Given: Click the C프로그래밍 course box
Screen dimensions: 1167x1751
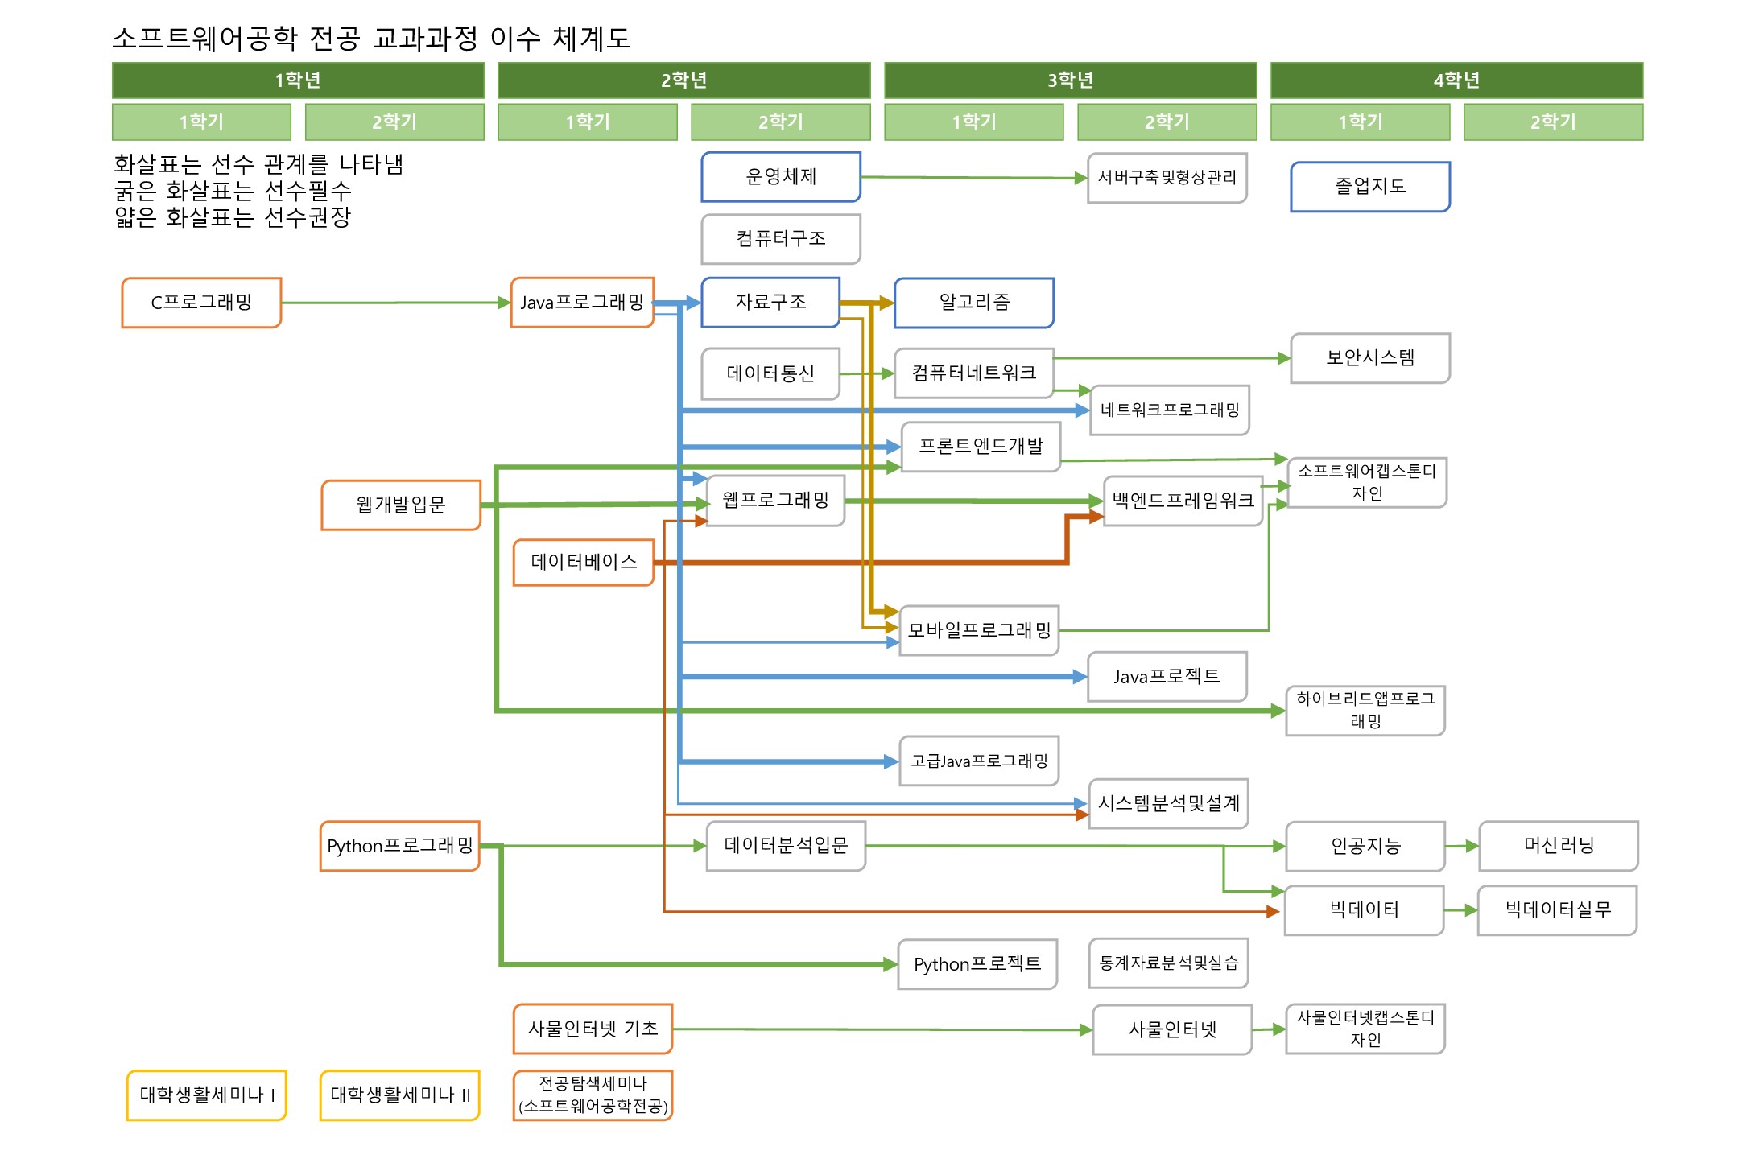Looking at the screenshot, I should point(201,303).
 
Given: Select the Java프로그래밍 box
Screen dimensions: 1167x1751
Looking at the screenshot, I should point(581,303).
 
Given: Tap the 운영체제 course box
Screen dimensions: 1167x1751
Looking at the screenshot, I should point(780,177).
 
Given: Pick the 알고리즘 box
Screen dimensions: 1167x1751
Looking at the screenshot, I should point(973,303).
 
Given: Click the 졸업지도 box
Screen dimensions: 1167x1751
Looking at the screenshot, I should point(1369,187).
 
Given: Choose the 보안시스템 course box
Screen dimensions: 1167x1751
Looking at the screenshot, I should point(1369,358).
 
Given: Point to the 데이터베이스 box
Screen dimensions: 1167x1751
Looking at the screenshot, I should point(583,562).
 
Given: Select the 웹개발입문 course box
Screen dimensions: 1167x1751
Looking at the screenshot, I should point(400,505).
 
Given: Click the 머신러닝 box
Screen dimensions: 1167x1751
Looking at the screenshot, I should point(1558,846).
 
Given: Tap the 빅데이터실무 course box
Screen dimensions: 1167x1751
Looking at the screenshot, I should point(1557,910).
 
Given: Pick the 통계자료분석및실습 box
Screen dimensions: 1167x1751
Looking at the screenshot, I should point(1168,963).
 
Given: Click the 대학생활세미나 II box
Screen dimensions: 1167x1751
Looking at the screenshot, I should point(399,1095).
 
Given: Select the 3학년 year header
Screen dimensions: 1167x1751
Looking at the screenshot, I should point(1070,80).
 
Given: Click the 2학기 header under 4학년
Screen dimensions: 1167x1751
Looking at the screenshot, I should point(1553,122).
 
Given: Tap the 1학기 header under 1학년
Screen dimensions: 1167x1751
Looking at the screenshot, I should point(201,122).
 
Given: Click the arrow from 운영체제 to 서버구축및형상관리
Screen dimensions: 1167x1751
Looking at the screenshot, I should point(966,178).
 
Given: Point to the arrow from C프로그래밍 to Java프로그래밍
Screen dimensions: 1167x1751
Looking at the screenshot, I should point(394,303).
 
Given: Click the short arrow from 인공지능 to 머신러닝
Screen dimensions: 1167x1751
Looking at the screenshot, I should point(1461,846).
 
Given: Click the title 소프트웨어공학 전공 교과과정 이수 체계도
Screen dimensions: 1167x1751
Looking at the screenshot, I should point(371,38).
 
